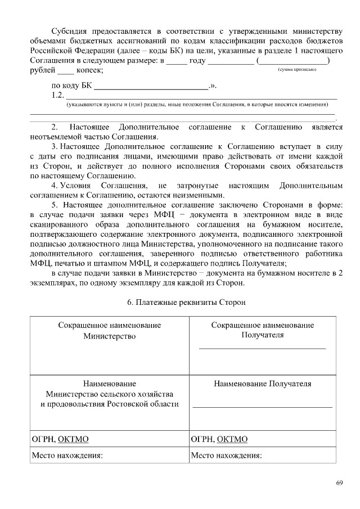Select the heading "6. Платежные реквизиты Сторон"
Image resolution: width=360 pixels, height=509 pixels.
point(186,302)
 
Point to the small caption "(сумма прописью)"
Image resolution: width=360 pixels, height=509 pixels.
point(297,69)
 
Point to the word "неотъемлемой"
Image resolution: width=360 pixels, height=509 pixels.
point(56,136)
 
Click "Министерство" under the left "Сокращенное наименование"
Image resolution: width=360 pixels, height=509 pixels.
point(110,336)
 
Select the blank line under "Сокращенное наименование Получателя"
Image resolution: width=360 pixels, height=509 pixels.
point(262,349)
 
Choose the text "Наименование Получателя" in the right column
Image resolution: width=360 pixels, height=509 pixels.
point(262,384)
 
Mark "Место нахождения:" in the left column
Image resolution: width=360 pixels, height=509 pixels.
point(67,456)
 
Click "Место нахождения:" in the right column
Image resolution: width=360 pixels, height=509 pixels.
point(227,456)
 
